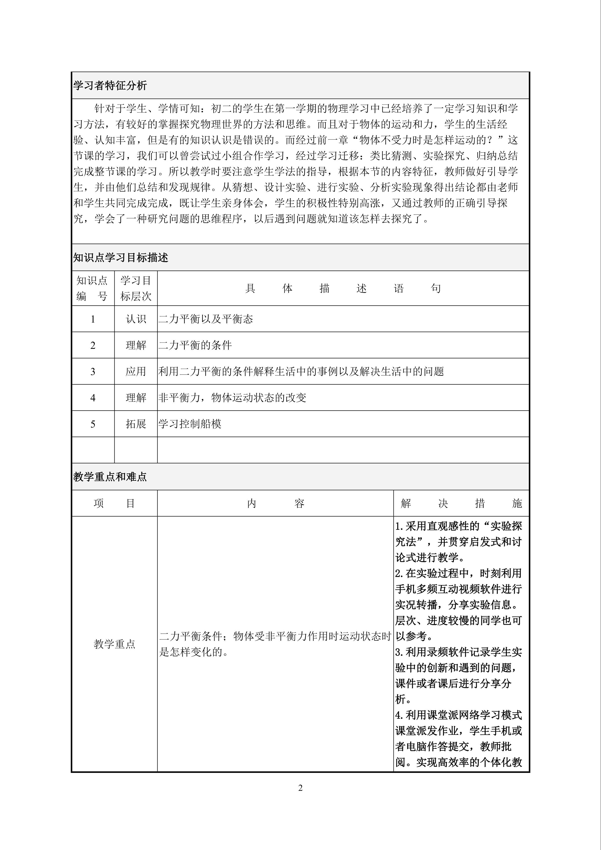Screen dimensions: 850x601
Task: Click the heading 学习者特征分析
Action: click(110, 86)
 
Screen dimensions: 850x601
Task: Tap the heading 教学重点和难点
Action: click(110, 477)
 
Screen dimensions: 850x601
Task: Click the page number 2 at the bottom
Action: click(300, 788)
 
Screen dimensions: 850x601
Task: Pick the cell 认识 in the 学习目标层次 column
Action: click(136, 319)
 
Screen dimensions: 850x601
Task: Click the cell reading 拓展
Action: click(136, 424)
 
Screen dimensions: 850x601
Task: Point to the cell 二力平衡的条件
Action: click(195, 346)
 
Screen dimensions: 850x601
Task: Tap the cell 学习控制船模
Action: click(190, 424)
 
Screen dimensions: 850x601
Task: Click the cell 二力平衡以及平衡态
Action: click(206, 319)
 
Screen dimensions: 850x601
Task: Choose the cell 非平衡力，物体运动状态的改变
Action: click(232, 397)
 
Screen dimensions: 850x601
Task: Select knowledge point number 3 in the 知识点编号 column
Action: click(93, 372)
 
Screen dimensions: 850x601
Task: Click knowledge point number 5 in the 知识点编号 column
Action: click(93, 424)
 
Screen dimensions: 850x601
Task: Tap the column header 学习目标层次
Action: click(136, 288)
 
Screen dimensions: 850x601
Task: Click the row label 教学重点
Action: click(114, 644)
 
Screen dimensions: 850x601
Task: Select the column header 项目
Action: click(114, 503)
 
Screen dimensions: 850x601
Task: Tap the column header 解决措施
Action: click(461, 503)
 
